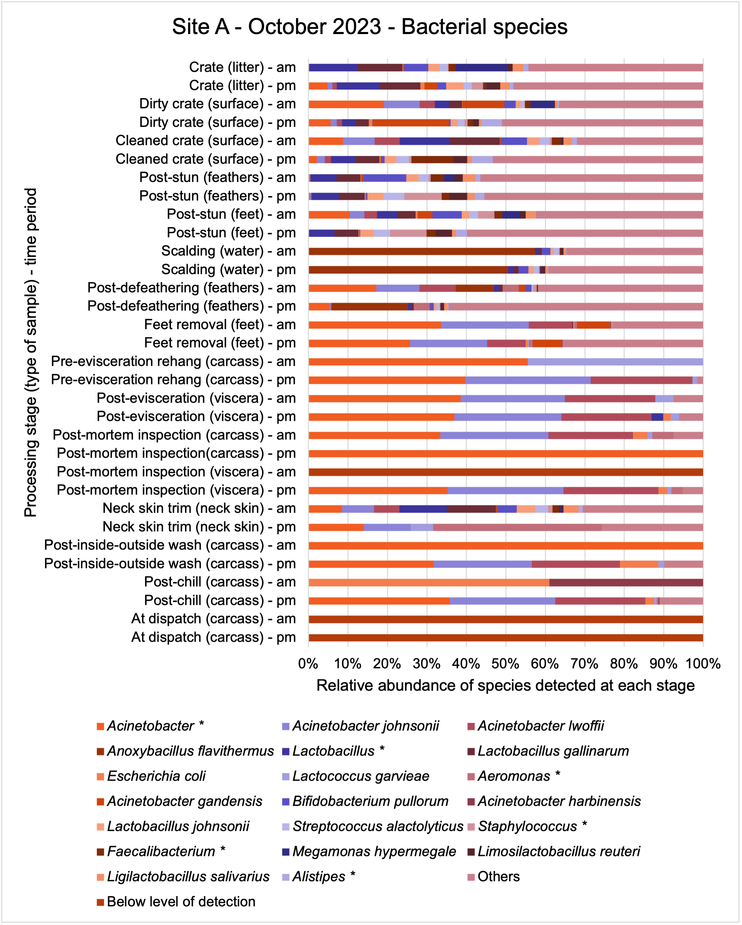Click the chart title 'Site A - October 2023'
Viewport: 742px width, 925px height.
[277, 27]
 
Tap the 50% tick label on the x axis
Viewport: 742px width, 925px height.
[506, 664]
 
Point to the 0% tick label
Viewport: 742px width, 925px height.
[308, 664]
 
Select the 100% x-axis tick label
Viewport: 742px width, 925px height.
[703, 664]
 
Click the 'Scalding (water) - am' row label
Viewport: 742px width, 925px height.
[229, 251]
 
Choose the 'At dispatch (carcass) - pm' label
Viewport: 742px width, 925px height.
[214, 637]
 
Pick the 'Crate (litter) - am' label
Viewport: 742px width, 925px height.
[243, 67]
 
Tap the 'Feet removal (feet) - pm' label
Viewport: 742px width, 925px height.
[220, 343]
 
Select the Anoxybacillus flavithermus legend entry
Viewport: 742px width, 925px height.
[185, 751]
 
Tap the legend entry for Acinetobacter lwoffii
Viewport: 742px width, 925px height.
[536, 726]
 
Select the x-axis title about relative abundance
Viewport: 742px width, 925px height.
[505, 686]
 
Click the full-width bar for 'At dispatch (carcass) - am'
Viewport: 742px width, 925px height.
[506, 619]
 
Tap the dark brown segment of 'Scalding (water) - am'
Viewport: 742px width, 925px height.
[422, 251]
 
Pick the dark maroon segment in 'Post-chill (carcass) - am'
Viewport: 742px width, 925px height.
[626, 582]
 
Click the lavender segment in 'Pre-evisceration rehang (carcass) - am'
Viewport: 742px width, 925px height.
[615, 362]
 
